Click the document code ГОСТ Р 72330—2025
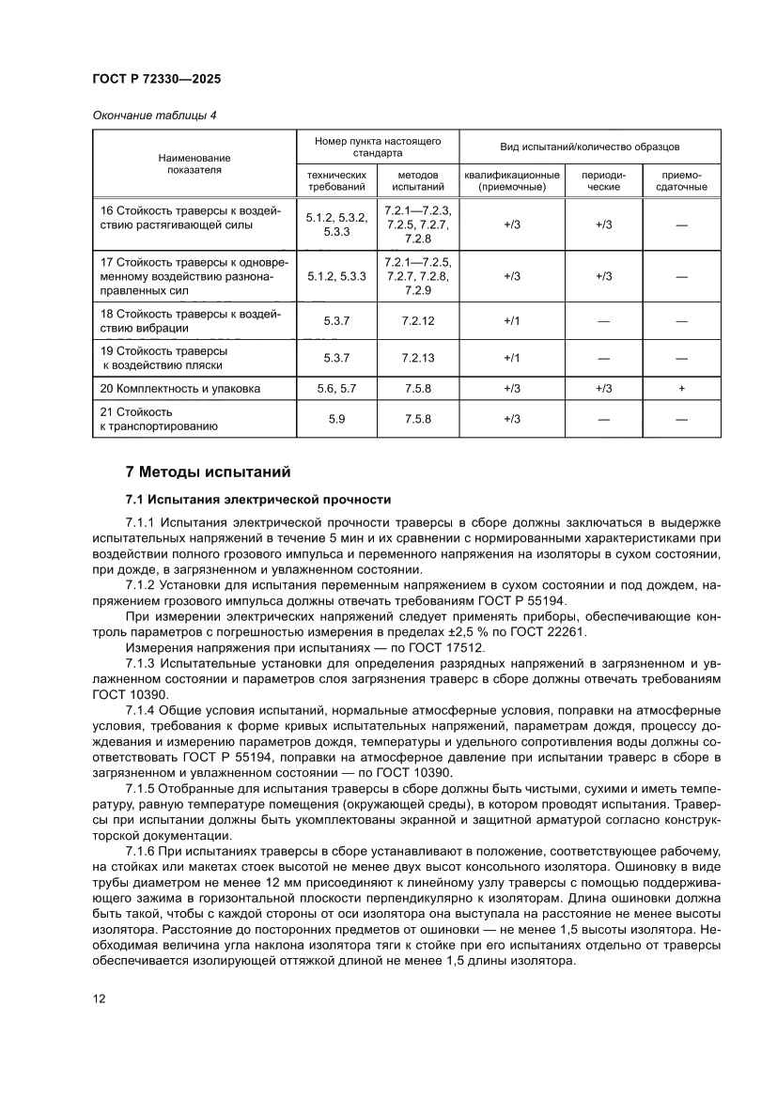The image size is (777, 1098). click(157, 80)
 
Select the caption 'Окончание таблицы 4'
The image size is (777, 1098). click(154, 116)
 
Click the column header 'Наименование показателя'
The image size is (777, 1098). click(194, 164)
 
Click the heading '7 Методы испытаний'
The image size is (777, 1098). click(210, 471)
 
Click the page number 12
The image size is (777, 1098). click(99, 997)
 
